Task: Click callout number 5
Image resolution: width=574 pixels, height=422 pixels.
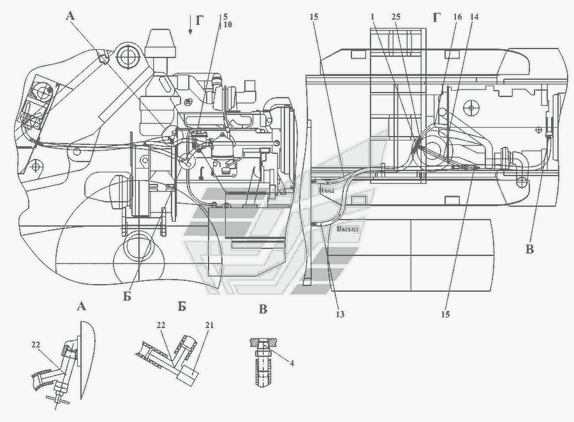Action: [x=225, y=17]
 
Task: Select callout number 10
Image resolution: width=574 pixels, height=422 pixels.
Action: [x=227, y=24]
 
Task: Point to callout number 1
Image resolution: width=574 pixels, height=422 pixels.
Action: [x=372, y=17]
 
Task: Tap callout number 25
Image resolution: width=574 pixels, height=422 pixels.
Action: [x=395, y=17]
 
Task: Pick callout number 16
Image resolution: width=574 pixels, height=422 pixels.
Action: [x=457, y=17]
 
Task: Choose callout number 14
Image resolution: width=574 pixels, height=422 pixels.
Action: [x=474, y=17]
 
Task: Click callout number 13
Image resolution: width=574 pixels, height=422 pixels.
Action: [x=340, y=314]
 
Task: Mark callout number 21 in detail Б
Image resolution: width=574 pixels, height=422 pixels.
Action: [x=209, y=326]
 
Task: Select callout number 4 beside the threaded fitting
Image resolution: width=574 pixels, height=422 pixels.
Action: [x=291, y=363]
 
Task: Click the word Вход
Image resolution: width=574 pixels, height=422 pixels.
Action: [x=327, y=190]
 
